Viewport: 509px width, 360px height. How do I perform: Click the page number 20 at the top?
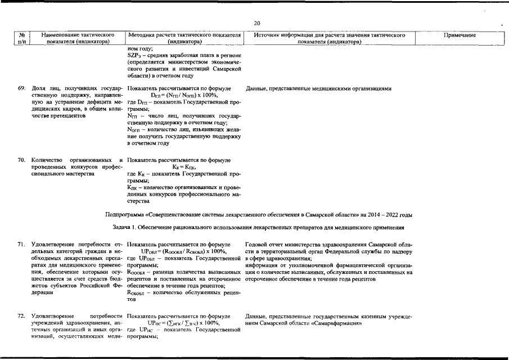click(257, 23)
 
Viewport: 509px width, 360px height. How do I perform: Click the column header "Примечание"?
click(460, 35)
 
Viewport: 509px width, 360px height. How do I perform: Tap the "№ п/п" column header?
click(21, 38)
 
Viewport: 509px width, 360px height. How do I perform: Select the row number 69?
click(21, 89)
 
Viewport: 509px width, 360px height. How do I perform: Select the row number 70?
click(21, 160)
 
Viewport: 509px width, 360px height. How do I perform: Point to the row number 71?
click(21, 244)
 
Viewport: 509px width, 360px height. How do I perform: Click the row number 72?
click(21, 317)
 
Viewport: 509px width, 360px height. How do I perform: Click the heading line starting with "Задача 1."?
click(259, 227)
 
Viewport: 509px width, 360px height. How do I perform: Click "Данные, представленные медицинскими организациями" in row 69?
click(318, 89)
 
